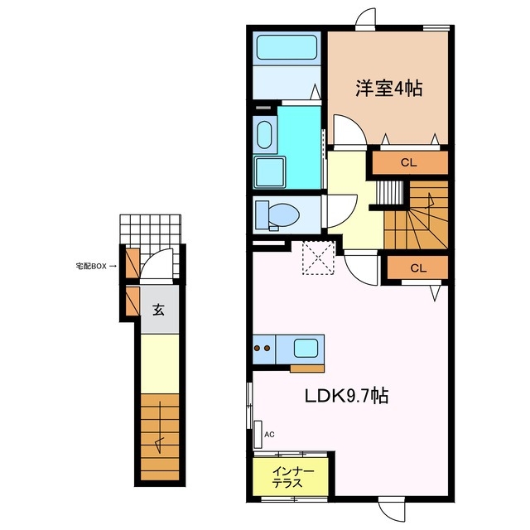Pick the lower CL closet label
pos(417,267)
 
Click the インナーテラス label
pos(292,478)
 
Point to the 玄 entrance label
pos(157,310)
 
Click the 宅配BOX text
pos(91,267)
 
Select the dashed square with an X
pos(316,257)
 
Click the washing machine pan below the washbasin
pos(268,173)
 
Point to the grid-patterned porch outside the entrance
pos(150,228)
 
